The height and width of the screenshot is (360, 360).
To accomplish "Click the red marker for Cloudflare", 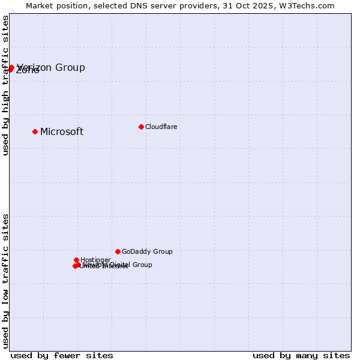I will point(141,127).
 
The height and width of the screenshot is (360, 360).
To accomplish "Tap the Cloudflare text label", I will point(161,127).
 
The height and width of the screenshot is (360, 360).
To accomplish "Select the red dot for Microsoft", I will point(35,131).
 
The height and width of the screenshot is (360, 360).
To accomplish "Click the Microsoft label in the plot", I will point(62,132).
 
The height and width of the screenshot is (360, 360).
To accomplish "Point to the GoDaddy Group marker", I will point(118,251).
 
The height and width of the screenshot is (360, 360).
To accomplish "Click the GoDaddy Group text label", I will point(147,252).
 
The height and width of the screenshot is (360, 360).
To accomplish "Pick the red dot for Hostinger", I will point(76,260).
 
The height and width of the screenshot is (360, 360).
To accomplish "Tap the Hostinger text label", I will point(95,260).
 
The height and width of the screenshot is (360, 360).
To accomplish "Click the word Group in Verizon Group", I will point(70,67).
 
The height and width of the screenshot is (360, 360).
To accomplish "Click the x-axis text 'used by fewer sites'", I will point(62,355).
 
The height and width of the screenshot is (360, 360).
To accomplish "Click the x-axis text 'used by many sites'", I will point(301,355).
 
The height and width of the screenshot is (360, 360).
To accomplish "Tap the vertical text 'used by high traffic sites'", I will point(6,85).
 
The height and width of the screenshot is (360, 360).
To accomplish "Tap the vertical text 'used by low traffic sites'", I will point(6,281).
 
